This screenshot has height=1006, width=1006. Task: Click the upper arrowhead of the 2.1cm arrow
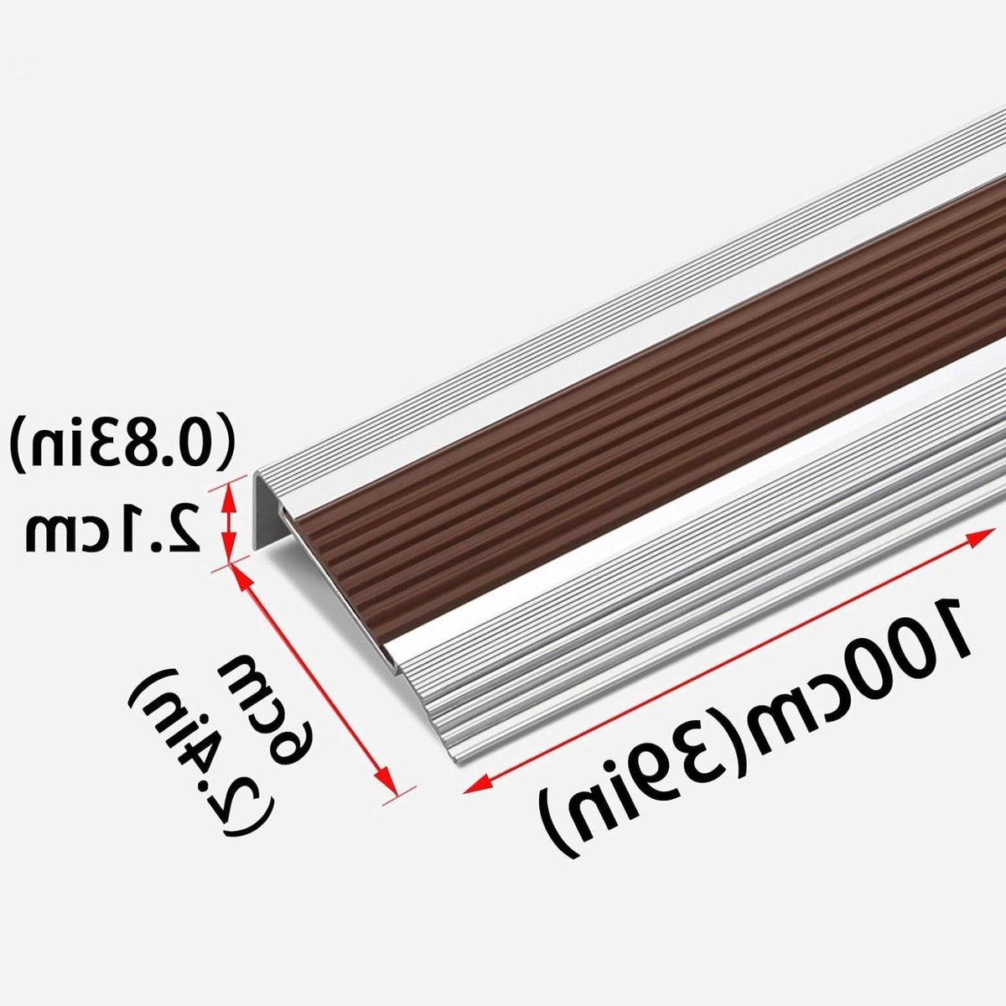coord(228,495)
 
